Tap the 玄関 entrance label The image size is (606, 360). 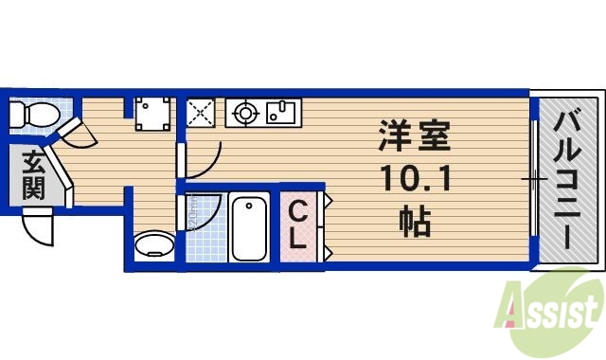coord(32,175)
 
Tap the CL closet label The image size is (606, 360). coord(296,225)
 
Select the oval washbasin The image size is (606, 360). coord(155,247)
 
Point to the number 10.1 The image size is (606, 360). coord(415,178)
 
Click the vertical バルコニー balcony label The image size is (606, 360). coord(568,178)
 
